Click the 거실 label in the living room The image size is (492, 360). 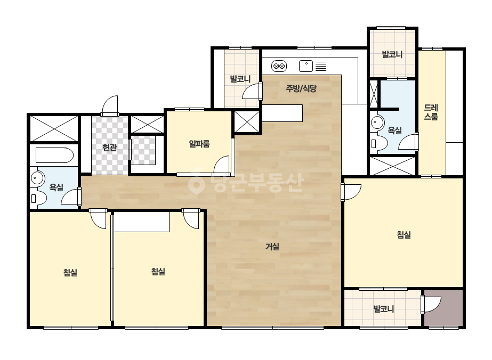click(272, 247)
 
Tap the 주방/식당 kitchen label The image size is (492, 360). click(301, 88)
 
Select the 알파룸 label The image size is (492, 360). click(199, 144)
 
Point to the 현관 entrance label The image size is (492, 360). click(109, 147)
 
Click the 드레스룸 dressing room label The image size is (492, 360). click(431, 112)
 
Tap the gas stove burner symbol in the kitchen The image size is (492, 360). click(279, 66)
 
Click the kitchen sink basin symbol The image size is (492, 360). click(306, 66)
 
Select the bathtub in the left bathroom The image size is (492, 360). click(54, 155)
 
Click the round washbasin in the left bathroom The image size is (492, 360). click(38, 178)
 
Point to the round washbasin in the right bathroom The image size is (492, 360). click(377, 122)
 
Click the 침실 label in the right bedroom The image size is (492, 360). click(404, 234)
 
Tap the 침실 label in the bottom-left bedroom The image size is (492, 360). click(70, 272)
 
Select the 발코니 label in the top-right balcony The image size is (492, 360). click(392, 54)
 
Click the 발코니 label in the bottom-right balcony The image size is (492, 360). click(383, 309)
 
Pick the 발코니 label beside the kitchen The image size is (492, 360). click(240, 79)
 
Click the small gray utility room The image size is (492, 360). click(443, 308)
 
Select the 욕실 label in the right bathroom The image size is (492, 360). click(395, 130)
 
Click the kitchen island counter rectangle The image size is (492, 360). click(283, 113)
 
